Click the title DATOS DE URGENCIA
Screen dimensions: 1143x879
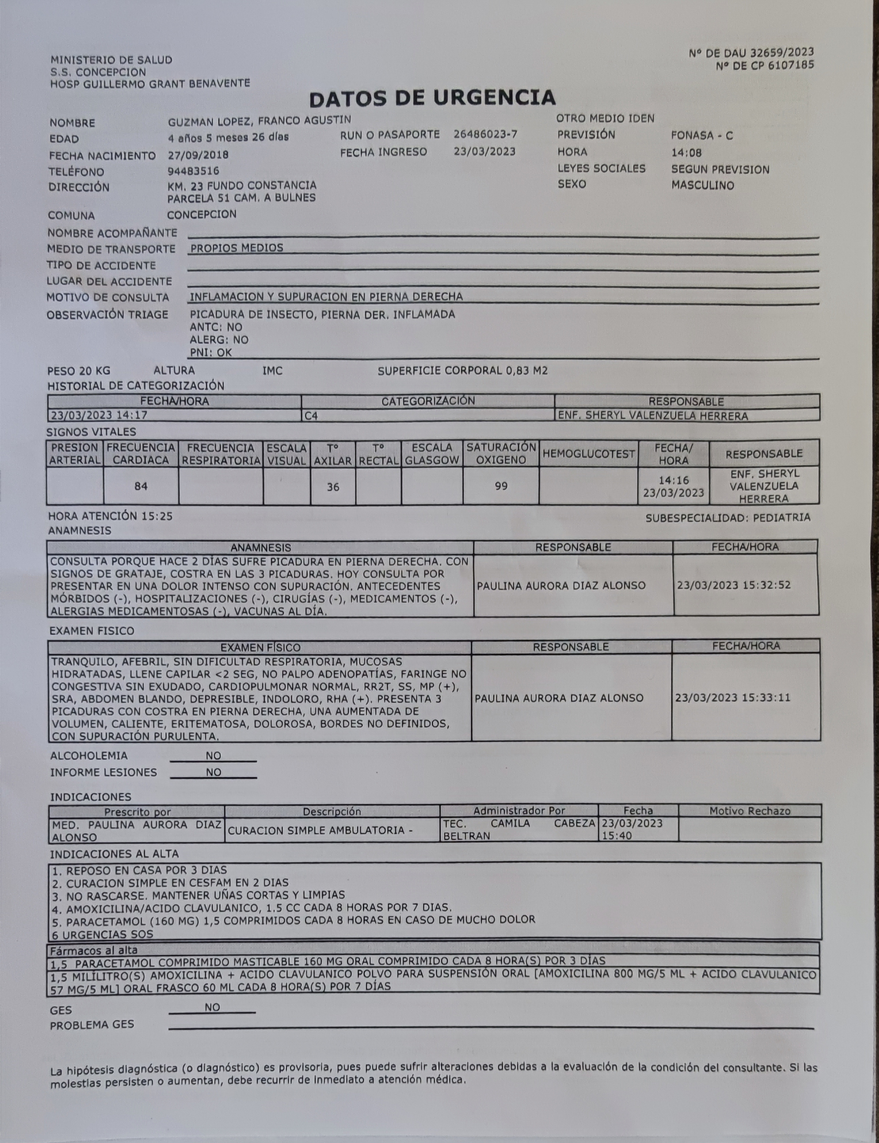432,98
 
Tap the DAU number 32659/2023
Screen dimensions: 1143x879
782,52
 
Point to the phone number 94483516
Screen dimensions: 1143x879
193,171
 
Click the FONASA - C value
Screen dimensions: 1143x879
702,136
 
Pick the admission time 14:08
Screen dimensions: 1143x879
686,153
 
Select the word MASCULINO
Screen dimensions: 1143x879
703,185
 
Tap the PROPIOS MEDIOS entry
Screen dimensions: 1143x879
236,248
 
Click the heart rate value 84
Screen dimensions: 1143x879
141,486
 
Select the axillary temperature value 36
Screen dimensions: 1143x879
333,487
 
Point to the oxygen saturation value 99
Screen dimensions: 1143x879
501,486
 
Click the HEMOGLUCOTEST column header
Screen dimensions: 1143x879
589,454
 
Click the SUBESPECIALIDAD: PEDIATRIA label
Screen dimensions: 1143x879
727,518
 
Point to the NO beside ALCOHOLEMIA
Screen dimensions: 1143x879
213,755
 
